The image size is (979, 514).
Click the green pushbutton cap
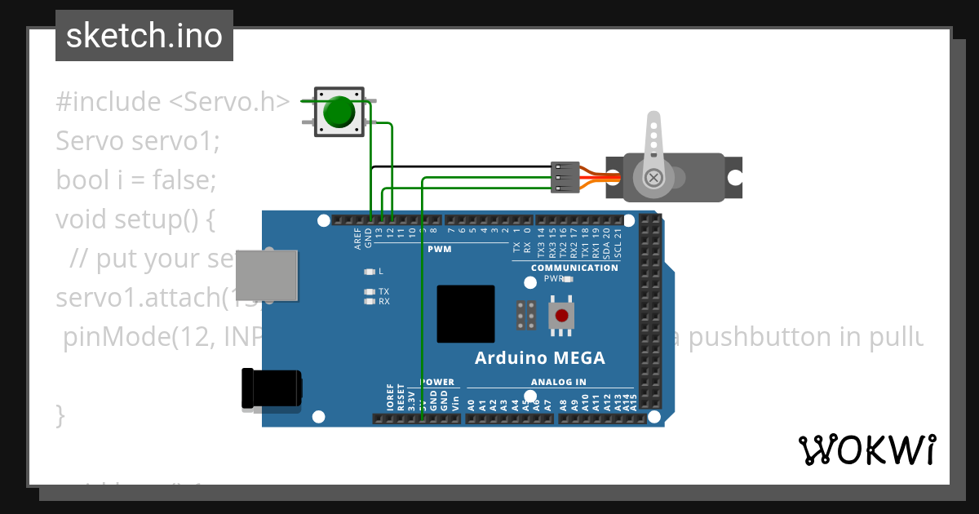pyautogui.click(x=339, y=112)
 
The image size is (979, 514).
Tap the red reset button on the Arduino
pyautogui.click(x=560, y=316)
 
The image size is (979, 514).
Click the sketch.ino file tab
pyautogui.click(x=144, y=36)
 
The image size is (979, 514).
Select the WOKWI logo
pyautogui.click(x=866, y=450)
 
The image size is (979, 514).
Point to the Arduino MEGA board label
pyautogui.click(x=540, y=358)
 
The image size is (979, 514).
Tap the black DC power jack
pyautogui.click(x=272, y=388)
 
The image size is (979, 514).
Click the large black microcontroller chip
pyautogui.click(x=466, y=314)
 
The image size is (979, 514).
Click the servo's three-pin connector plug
pyautogui.click(x=565, y=178)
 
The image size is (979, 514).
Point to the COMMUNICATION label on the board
pyautogui.click(x=574, y=268)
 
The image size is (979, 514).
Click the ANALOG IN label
pyautogui.click(x=559, y=382)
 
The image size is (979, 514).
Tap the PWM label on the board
pyautogui.click(x=439, y=249)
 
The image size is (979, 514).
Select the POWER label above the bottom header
pyautogui.click(x=437, y=382)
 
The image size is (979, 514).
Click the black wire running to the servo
pyautogui.click(x=457, y=167)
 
